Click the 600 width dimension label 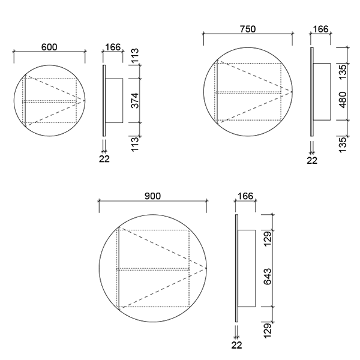[50, 47]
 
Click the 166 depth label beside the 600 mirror [113, 47]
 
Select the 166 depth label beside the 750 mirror [321, 28]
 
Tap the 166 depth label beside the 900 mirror [246, 196]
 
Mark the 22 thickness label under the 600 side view [104, 159]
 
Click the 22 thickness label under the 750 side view [312, 160]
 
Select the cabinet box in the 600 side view [115, 100]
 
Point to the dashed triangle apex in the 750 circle [291, 91]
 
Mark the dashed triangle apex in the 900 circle [206, 268]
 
